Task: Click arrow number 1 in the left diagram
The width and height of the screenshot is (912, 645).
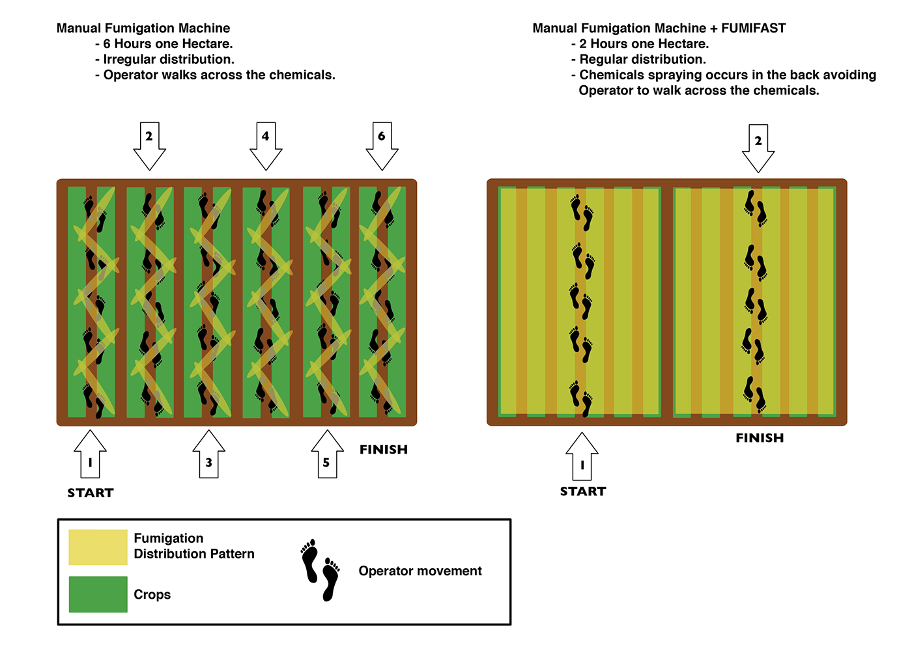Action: click(x=90, y=456)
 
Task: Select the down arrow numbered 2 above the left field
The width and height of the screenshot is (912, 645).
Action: click(x=149, y=143)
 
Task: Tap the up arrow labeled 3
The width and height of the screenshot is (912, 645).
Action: click(x=208, y=456)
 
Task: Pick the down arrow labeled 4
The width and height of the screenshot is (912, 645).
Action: click(x=265, y=143)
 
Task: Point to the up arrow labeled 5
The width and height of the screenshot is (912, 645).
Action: click(x=327, y=456)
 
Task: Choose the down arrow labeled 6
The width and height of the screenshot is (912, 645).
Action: click(x=382, y=143)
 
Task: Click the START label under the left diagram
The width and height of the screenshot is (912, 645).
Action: click(x=90, y=493)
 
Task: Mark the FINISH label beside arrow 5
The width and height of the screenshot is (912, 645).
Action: click(x=384, y=450)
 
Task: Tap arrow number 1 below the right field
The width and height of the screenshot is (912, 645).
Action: click(x=582, y=458)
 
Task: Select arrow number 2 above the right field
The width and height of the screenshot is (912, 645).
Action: click(x=758, y=146)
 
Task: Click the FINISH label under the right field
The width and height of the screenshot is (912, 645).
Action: click(x=760, y=438)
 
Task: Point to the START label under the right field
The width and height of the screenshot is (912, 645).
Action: click(x=583, y=491)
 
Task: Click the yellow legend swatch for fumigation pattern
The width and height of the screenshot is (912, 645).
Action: click(x=98, y=547)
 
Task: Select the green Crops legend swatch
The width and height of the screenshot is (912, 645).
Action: click(x=98, y=594)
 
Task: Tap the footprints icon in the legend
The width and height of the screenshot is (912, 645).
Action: click(x=321, y=570)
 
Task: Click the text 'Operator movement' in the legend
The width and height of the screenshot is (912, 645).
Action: click(x=420, y=571)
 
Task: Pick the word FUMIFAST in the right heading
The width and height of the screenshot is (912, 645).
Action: click(x=753, y=28)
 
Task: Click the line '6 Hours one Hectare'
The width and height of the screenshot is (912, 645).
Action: click(x=167, y=44)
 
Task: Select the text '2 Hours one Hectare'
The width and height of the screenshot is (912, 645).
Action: click(x=644, y=44)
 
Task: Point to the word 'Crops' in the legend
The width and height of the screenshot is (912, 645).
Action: click(x=152, y=594)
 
